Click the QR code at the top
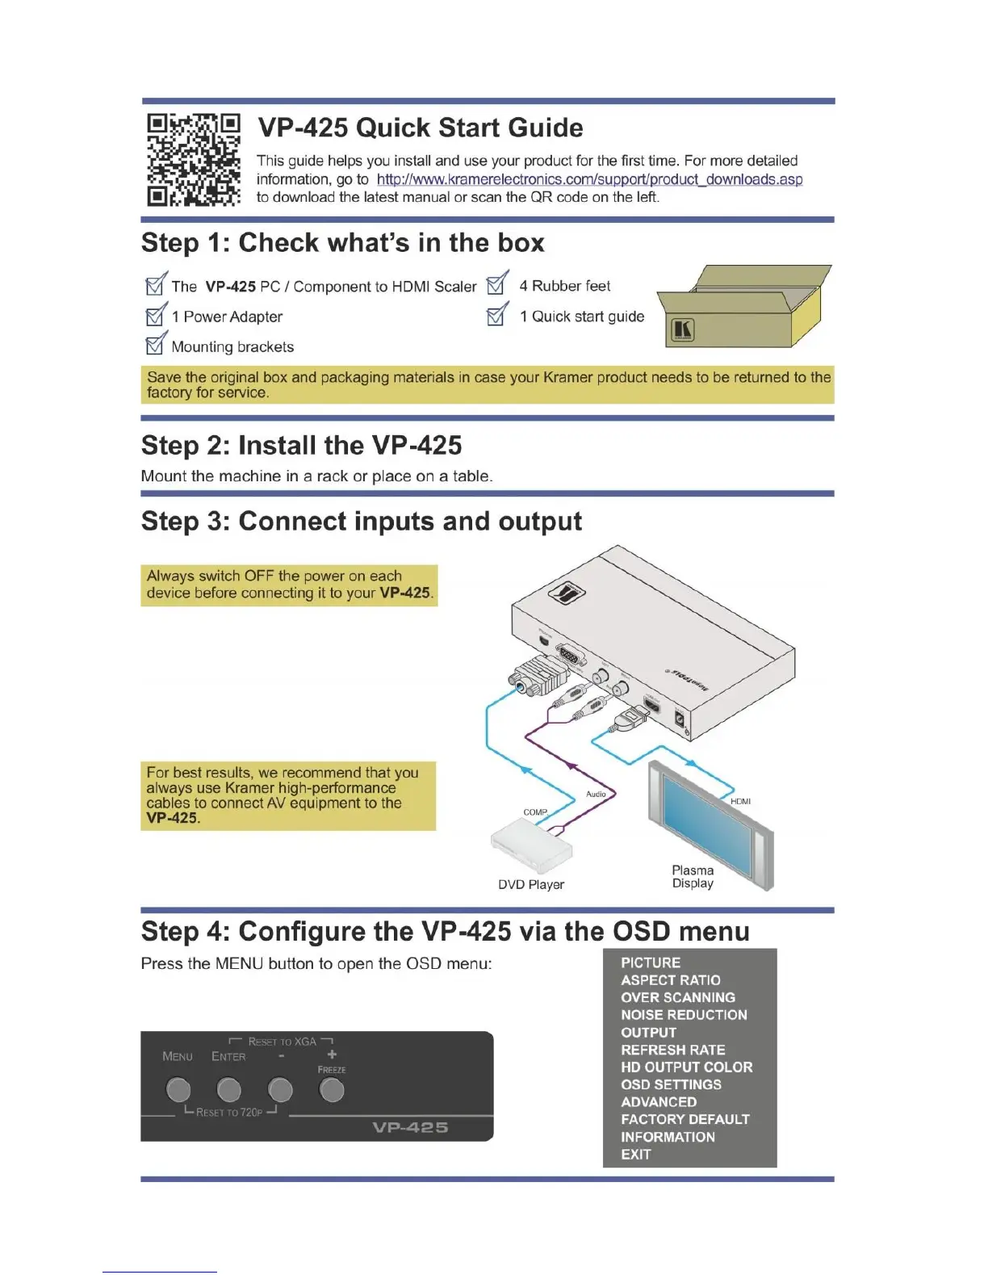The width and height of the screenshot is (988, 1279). [194, 160]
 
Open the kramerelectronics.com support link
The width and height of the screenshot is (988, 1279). [589, 179]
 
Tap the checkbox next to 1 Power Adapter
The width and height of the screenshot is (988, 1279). [156, 316]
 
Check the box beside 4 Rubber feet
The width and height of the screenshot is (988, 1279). [496, 285]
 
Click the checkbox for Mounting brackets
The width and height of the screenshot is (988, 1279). [156, 346]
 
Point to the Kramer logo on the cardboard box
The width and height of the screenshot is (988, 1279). [683, 329]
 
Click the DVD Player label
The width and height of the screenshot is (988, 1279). [530, 885]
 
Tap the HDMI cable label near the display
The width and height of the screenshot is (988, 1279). [740, 801]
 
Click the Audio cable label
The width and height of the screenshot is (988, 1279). [596, 794]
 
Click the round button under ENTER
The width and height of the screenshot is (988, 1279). [229, 1090]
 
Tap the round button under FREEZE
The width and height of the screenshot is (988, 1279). [332, 1090]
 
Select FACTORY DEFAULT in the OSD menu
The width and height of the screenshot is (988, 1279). [684, 1119]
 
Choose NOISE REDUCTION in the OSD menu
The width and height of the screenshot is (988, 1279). [684, 1015]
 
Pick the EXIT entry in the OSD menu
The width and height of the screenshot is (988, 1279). [635, 1154]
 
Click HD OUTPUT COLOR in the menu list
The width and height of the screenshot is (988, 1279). [686, 1067]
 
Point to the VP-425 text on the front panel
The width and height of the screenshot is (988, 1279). [410, 1127]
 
